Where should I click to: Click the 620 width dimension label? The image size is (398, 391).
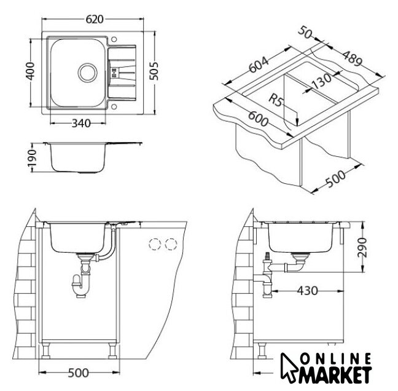[x=95, y=19]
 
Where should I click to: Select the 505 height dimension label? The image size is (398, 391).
[x=154, y=71]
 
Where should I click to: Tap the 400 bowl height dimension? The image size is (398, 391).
[x=31, y=71]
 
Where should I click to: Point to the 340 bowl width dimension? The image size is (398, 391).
[x=81, y=124]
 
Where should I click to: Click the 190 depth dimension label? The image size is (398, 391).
[x=32, y=158]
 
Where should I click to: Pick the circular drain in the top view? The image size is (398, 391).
[x=88, y=73]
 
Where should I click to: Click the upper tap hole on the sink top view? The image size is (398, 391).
[x=114, y=39]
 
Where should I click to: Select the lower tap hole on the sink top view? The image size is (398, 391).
[x=114, y=106]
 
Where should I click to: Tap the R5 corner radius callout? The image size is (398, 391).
[x=276, y=100]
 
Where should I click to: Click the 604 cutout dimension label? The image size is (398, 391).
[x=259, y=65]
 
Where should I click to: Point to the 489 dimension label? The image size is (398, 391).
[x=353, y=58]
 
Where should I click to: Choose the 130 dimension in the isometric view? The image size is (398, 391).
[x=321, y=81]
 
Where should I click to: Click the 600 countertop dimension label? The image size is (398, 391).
[x=258, y=119]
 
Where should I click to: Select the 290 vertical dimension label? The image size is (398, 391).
[x=362, y=247]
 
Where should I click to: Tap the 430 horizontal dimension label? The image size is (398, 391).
[x=307, y=291]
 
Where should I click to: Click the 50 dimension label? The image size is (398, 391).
[x=305, y=33]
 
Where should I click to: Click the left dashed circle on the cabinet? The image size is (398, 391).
[x=155, y=245]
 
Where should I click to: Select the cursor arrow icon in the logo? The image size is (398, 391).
[x=289, y=368]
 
